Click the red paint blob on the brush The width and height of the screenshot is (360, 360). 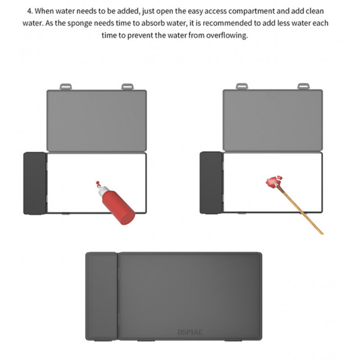[x=272, y=181]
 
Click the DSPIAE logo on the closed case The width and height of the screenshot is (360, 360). [x=190, y=332]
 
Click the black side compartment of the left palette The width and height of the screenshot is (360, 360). [x=35, y=183]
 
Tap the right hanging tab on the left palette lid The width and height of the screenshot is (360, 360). [x=127, y=86]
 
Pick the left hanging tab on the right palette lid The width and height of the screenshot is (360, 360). [x=242, y=86]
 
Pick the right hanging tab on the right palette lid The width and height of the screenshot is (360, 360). [x=304, y=86]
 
